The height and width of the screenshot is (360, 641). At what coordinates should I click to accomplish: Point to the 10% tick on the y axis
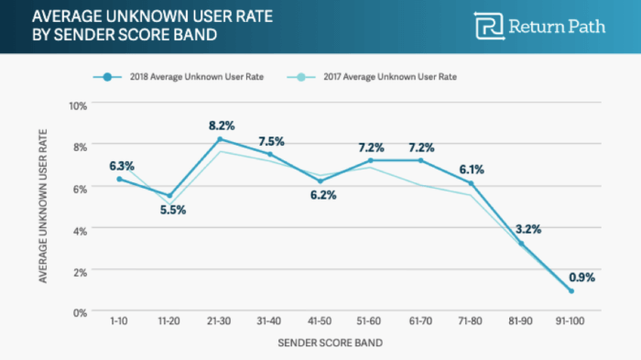pos(78,104)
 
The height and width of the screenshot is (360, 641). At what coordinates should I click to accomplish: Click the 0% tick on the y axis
pos(81,312)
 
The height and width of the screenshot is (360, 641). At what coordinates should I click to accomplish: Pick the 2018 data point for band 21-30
pos(220,139)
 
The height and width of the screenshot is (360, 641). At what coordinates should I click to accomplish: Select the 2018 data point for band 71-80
pos(470,183)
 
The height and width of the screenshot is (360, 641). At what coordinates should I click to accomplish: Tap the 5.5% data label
pos(170,210)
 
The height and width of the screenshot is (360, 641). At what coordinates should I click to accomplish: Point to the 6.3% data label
pos(122,166)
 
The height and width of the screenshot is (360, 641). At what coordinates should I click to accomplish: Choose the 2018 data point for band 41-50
pos(320,180)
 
